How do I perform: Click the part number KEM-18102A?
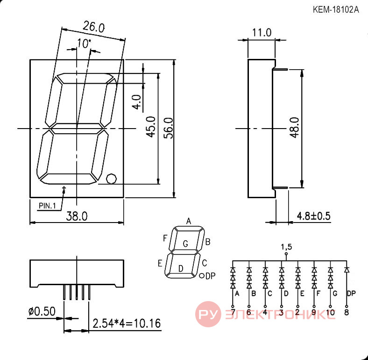pyautogui.click(x=336, y=10)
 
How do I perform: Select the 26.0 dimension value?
pyautogui.click(x=93, y=27)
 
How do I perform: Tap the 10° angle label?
pyautogui.click(x=84, y=43)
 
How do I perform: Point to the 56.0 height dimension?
pyautogui.click(x=169, y=128)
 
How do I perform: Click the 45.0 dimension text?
pyautogui.click(x=151, y=127)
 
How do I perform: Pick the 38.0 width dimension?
pyautogui.click(x=77, y=216)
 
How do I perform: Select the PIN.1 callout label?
pyautogui.click(x=47, y=206)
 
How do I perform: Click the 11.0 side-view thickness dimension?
pyautogui.click(x=262, y=33)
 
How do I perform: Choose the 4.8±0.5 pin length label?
pyautogui.click(x=314, y=216)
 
